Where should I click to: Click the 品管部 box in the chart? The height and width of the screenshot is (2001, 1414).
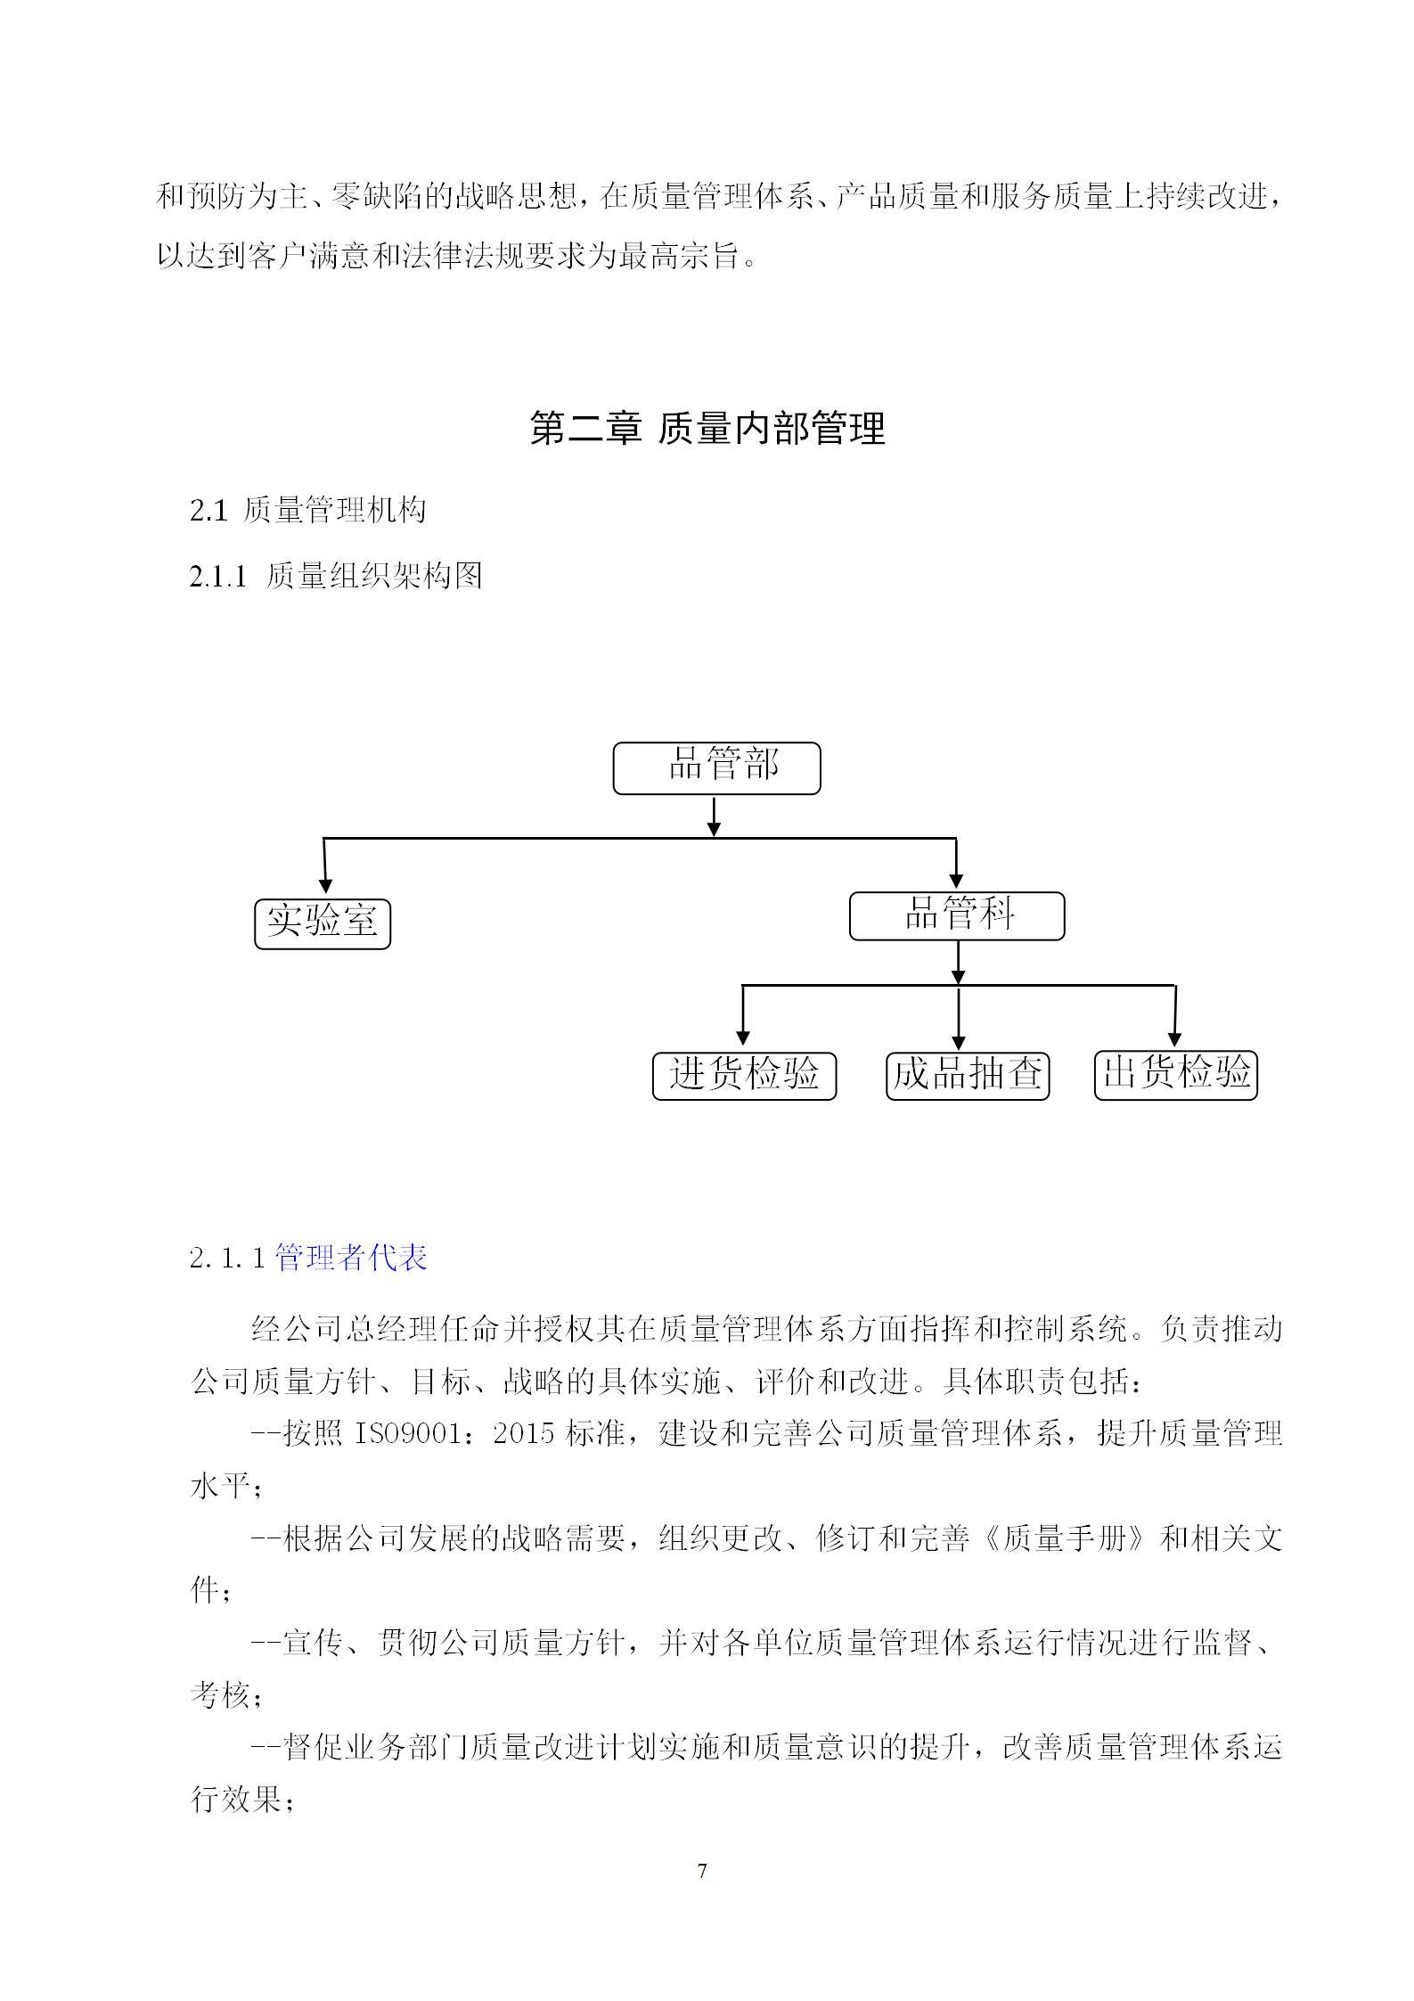pyautogui.click(x=716, y=767)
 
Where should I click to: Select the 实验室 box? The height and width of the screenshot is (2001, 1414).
pyautogui.click(x=323, y=923)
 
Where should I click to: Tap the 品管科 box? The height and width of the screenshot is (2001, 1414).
pyautogui.click(x=956, y=915)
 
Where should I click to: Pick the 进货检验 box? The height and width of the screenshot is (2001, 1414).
pyautogui.click(x=744, y=1076)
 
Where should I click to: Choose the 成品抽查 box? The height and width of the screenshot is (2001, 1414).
pyautogui.click(x=967, y=1076)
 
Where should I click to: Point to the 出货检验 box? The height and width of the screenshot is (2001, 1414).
pyautogui.click(x=1175, y=1075)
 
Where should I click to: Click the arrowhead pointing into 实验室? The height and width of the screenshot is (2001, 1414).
pyautogui.click(x=325, y=885)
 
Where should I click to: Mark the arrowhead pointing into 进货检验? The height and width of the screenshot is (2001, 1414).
pyautogui.click(x=743, y=1037)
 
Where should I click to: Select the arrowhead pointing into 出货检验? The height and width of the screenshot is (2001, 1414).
pyautogui.click(x=1174, y=1039)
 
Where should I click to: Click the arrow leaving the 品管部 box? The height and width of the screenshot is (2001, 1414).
pyautogui.click(x=714, y=816)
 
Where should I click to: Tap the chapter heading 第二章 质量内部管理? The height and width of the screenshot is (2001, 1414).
pyautogui.click(x=707, y=428)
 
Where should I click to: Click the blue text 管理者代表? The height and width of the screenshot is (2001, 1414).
pyautogui.click(x=351, y=1258)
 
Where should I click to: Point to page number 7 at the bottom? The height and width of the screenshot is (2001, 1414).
pyautogui.click(x=702, y=1871)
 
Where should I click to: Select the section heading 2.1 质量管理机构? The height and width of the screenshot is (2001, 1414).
pyautogui.click(x=308, y=511)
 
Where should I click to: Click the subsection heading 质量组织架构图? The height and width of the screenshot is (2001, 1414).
pyautogui.click(x=374, y=576)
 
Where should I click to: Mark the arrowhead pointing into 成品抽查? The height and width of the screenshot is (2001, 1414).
pyautogui.click(x=959, y=1042)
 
